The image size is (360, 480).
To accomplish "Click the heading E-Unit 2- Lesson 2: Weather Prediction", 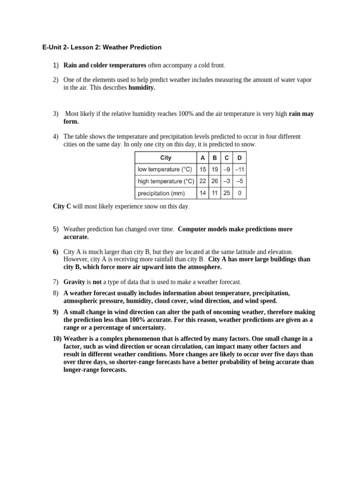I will point(101,47).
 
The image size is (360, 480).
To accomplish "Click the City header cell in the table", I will point(165,158).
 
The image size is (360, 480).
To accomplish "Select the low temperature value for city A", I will point(202,169).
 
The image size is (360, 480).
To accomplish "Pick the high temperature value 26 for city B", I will point(215,181).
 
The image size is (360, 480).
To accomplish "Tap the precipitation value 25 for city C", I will point(227,193).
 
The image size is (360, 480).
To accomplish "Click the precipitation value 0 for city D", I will point(240,193).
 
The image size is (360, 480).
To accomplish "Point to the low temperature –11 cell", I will point(240,169).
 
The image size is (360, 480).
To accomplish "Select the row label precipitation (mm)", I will point(161,193).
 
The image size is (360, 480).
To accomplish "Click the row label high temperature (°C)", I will point(165,181).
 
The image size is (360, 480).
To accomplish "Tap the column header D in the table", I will point(240,158).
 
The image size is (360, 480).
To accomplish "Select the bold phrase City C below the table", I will point(62,206).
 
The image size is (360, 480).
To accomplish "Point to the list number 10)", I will point(57,338).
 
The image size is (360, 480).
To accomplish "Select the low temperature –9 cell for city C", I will point(227,169).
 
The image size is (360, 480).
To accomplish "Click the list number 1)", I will point(56,65).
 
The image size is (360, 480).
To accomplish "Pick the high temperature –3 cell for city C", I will point(227,181).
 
